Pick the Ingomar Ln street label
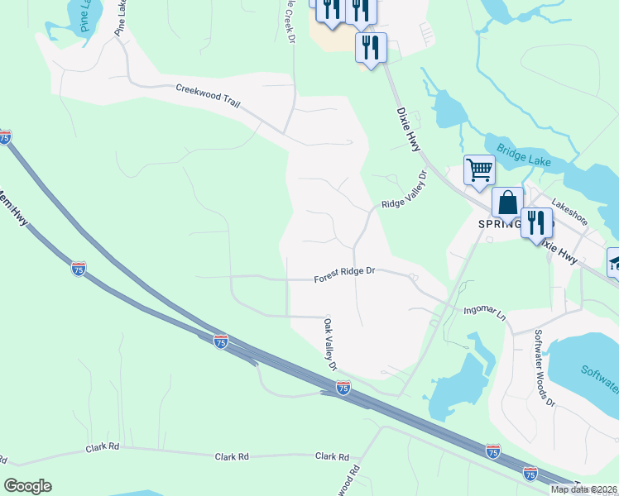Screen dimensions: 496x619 483,312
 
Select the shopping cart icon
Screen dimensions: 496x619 478,170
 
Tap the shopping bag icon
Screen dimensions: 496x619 507,201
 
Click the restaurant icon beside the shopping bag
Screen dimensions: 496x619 536,222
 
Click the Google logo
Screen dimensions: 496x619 27,486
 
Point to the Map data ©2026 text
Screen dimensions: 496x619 583,489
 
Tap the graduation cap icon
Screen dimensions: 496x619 614,263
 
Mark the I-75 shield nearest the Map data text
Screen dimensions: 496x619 530,474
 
